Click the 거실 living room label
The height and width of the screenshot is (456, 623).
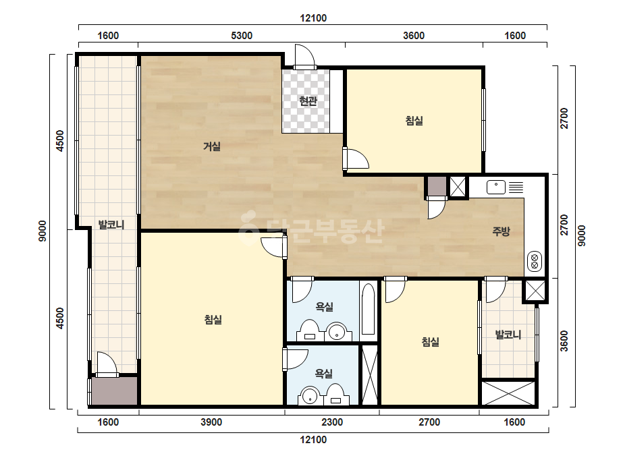[212, 146]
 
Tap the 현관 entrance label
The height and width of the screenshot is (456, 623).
[308, 101]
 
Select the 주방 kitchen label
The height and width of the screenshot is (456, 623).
[501, 231]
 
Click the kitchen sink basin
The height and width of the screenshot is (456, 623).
[496, 187]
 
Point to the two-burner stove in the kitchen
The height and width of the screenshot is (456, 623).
[535, 261]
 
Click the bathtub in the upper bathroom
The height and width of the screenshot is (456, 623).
[369, 309]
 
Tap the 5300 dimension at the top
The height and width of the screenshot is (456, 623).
[242, 36]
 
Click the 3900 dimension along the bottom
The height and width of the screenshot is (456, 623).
[211, 422]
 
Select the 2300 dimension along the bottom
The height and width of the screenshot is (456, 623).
[332, 422]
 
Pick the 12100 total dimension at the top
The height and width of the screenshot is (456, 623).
[313, 18]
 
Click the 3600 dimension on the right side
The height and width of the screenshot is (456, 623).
[564, 341]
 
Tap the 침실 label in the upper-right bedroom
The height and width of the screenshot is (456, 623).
[414, 120]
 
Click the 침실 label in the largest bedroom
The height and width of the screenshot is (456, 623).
[213, 319]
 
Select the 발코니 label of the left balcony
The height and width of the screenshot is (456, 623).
[111, 225]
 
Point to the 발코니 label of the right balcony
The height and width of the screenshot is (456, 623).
[508, 335]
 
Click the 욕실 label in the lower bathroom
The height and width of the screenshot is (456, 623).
[324, 374]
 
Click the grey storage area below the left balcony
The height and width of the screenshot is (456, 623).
[115, 391]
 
